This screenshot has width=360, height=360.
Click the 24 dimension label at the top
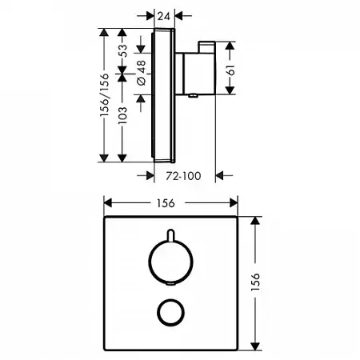point(164,16)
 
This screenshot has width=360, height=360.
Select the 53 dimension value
point(123,50)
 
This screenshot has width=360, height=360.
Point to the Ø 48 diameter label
point(142,73)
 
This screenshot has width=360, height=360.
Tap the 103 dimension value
point(122,115)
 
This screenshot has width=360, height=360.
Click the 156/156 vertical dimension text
point(104,94)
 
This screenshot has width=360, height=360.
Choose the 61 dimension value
point(231,70)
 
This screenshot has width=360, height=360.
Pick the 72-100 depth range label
point(183,176)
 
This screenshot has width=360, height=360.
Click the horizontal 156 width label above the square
point(166,203)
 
